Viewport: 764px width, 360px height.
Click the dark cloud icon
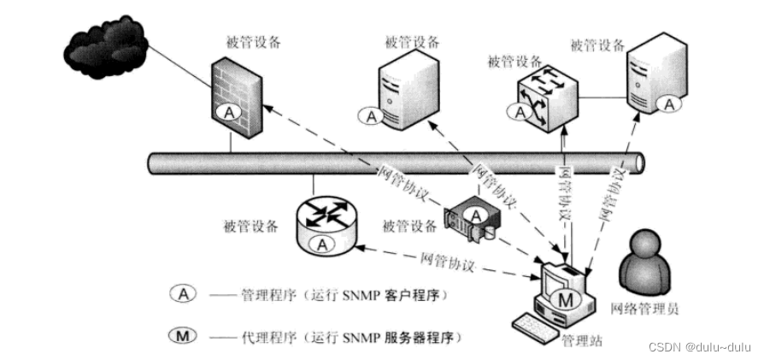coord(103,46)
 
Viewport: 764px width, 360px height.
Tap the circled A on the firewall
coord(228,112)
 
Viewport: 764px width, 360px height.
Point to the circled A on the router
coord(322,244)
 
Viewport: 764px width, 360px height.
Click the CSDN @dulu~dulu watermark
coord(698,346)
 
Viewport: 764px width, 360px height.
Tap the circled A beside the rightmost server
coord(669,103)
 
